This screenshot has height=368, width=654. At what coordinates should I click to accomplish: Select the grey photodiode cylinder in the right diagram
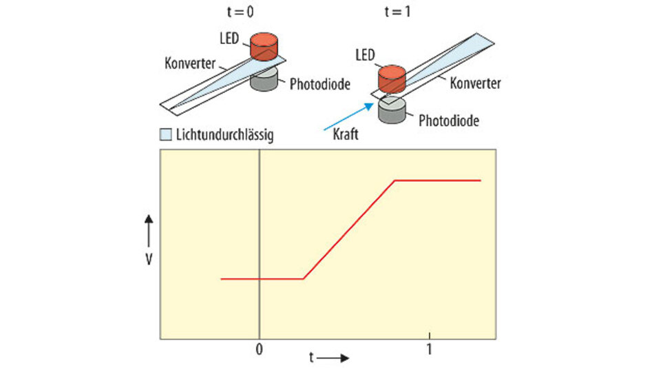pyautogui.click(x=391, y=110)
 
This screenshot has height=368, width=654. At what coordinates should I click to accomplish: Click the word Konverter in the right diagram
pyautogui.click(x=475, y=83)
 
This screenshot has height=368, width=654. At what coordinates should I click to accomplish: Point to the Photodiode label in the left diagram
pyautogui.click(x=320, y=85)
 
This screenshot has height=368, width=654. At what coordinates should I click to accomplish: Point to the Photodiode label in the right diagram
pyautogui.click(x=449, y=121)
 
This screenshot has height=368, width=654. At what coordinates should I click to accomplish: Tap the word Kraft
pyautogui.click(x=345, y=134)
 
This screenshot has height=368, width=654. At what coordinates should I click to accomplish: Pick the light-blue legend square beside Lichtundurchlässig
pyautogui.click(x=165, y=134)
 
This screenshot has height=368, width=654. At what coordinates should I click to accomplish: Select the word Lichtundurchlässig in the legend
pyautogui.click(x=223, y=134)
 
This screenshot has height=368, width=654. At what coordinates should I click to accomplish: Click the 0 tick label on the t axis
pyautogui.click(x=259, y=349)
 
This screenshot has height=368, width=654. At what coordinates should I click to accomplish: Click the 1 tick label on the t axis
pyautogui.click(x=430, y=349)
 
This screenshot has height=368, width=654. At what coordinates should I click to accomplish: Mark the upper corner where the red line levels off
pyautogui.click(x=394, y=181)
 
